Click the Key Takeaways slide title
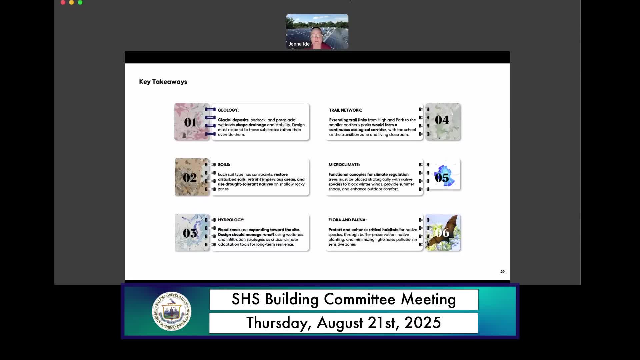163,82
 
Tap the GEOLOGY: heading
228,110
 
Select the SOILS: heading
224,165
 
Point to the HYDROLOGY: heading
231,220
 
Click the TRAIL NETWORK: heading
345,110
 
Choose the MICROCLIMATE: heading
344,165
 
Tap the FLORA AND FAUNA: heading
347,220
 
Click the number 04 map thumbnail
443,122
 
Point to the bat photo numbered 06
443,232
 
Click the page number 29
502,272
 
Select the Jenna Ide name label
299,44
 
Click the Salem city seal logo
171,311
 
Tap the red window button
63,2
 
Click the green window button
80,2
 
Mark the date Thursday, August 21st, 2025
343,323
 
